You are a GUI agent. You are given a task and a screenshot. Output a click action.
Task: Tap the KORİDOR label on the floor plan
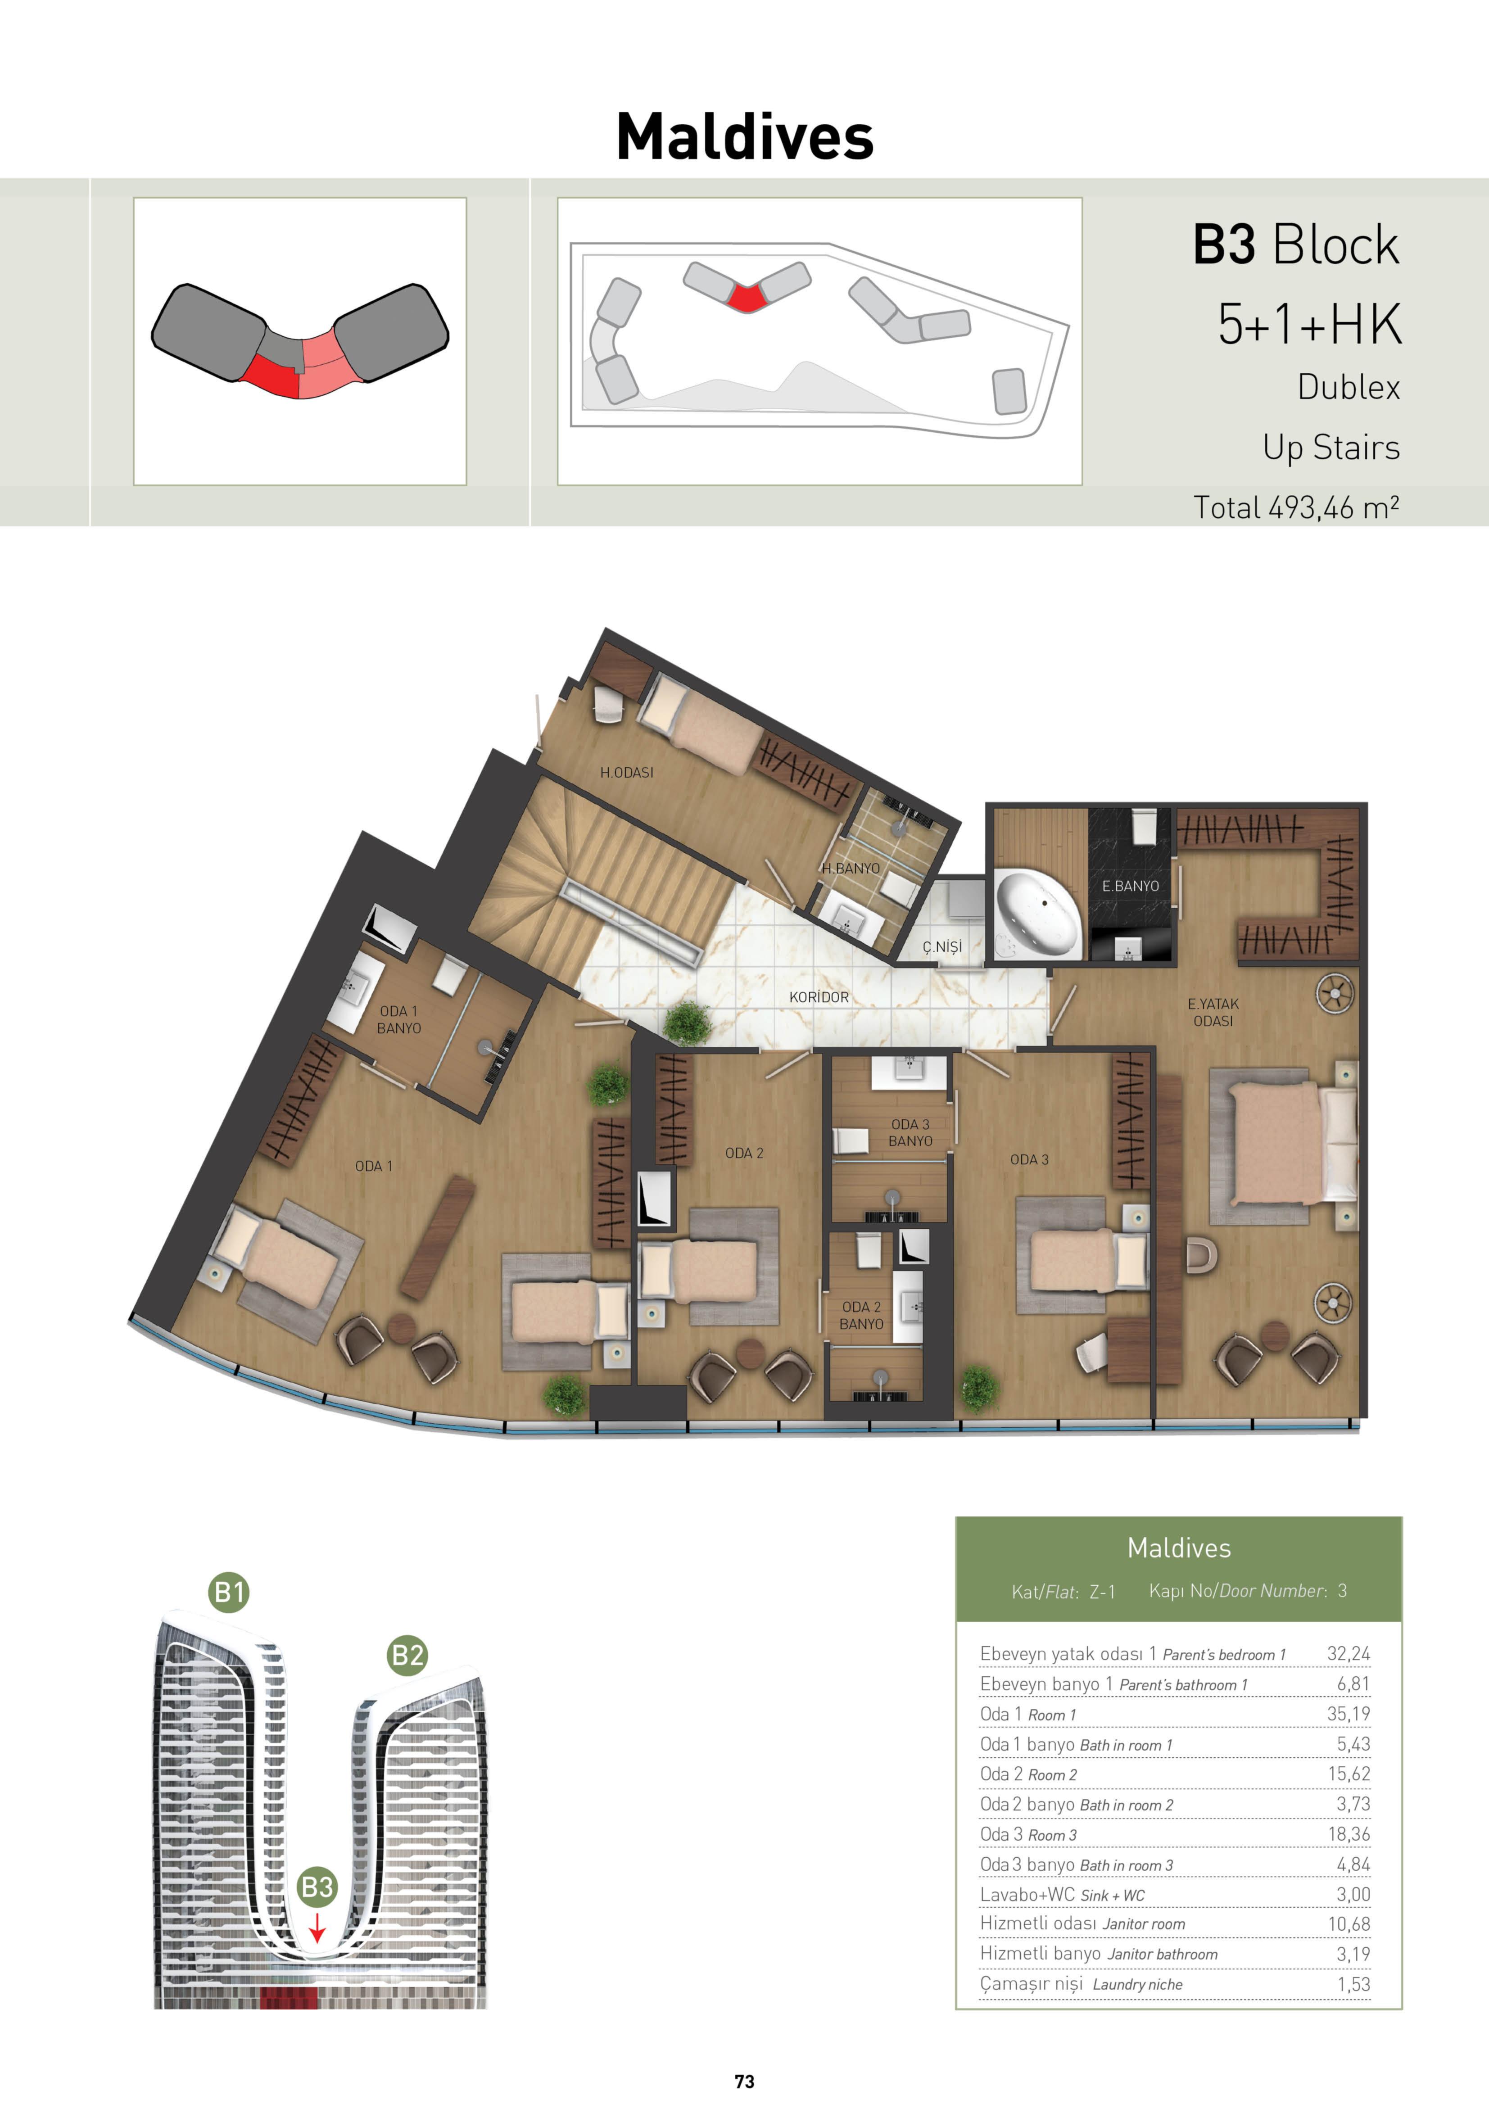819,997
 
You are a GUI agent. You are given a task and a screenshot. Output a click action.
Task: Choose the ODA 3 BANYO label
910,1132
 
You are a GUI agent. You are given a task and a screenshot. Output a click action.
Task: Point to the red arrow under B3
317,1928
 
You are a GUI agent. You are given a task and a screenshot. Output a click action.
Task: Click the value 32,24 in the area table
1348,1654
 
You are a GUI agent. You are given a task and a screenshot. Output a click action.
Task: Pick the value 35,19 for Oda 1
1348,1714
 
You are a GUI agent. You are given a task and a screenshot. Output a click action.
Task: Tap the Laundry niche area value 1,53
1354,1983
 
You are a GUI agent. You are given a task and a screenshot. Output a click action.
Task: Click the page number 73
744,2082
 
